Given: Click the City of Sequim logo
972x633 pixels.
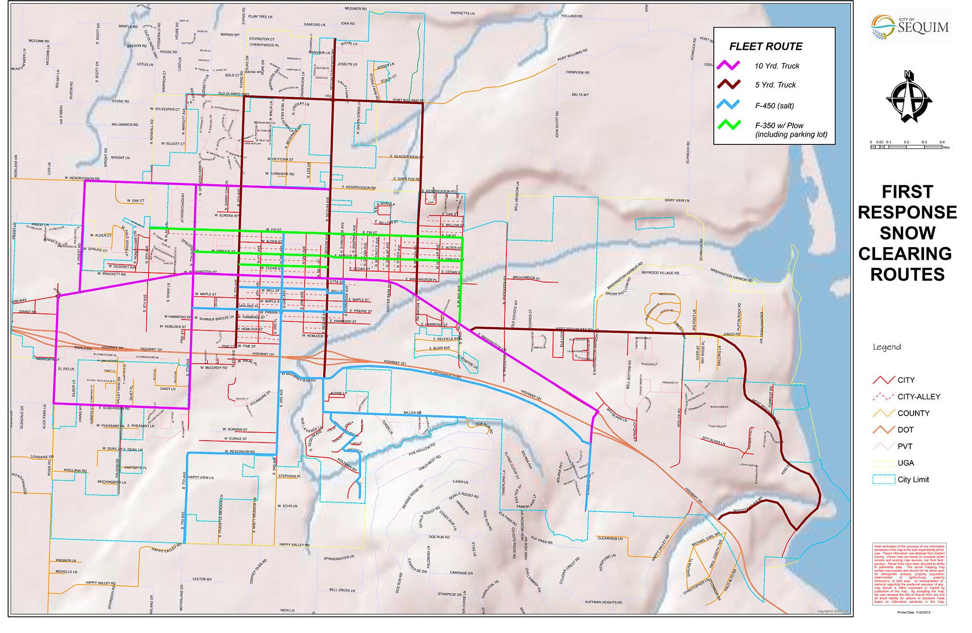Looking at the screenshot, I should [x=909, y=27].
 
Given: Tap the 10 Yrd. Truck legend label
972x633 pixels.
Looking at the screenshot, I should [x=777, y=66].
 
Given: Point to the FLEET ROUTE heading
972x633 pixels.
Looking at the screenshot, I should [x=766, y=47].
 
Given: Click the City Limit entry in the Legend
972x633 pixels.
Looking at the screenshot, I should [x=913, y=480].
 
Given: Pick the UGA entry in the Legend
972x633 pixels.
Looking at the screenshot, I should [x=905, y=463].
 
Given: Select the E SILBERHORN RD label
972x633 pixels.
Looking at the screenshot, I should [x=114, y=408].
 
